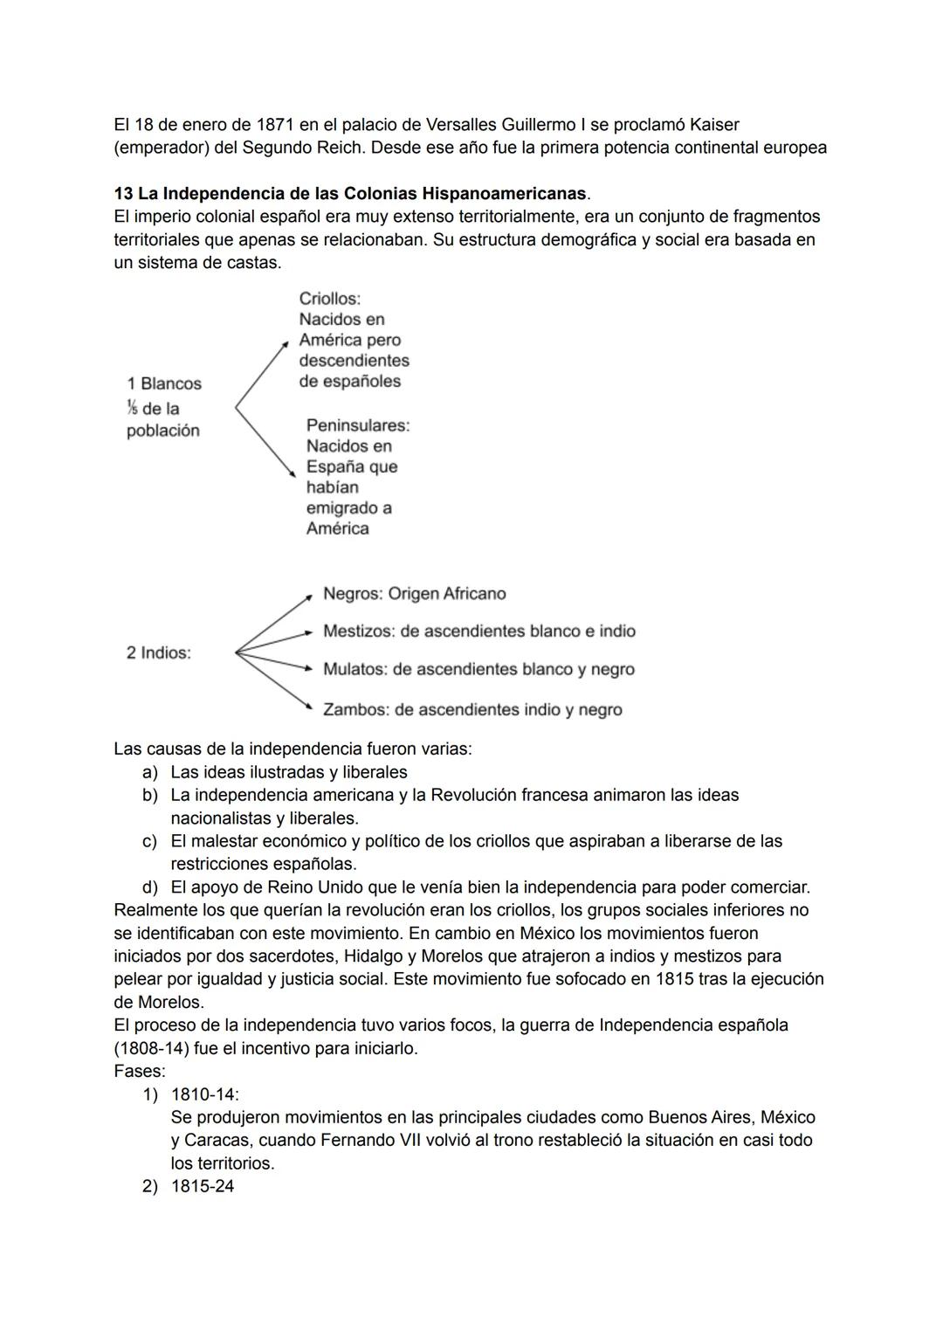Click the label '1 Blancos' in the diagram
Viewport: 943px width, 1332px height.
[164, 383]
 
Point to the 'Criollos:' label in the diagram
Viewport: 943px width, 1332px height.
[330, 299]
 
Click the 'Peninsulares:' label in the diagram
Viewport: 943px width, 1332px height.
[358, 425]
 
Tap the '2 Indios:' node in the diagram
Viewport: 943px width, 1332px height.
[159, 652]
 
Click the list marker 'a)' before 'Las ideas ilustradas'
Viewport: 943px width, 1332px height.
[150, 772]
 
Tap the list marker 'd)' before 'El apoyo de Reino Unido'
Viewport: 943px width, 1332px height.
[150, 887]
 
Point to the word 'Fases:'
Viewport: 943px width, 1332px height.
[140, 1071]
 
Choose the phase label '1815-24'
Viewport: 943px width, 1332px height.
[203, 1186]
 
